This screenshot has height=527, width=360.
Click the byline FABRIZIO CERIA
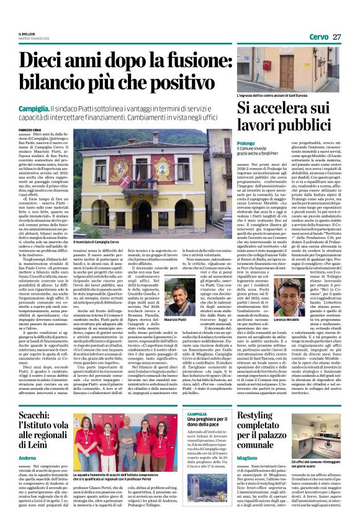click(29, 129)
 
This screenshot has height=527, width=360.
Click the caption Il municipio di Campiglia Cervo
click(96, 242)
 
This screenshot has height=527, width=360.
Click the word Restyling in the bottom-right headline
click(254, 415)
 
